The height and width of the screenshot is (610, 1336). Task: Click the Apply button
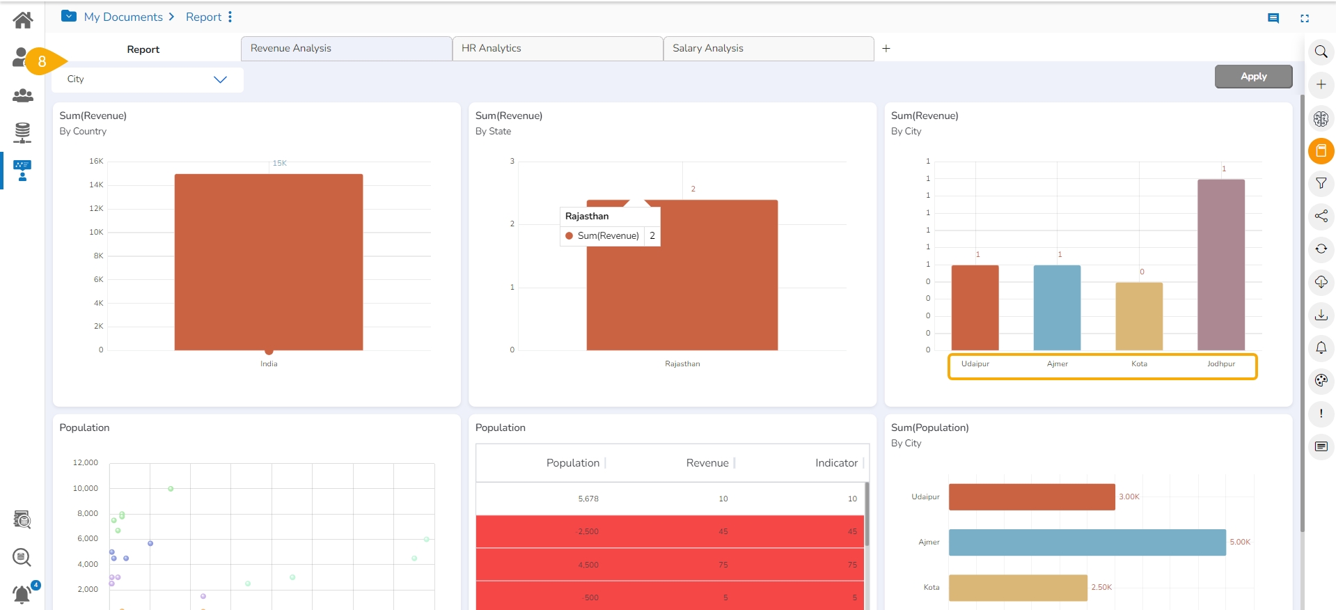1253,77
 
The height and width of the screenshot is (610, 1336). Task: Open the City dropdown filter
147,79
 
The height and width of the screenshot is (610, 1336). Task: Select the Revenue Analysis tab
346,49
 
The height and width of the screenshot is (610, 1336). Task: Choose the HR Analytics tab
557,49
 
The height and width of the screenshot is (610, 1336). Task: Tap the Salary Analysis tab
768,49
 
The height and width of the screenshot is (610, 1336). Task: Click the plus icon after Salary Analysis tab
886,49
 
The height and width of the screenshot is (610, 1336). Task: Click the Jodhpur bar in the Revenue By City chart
1220,265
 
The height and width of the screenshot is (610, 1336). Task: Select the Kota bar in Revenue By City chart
1139,316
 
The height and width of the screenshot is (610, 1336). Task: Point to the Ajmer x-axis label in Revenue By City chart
1057,364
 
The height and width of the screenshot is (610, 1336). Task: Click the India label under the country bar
269,364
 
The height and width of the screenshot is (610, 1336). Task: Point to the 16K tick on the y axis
96,162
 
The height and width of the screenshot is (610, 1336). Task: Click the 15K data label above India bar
279,164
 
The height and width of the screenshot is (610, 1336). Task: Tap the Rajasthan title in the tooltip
587,217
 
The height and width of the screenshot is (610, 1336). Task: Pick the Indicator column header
836,463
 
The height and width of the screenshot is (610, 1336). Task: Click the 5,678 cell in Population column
588,499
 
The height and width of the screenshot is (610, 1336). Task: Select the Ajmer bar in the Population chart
1086,542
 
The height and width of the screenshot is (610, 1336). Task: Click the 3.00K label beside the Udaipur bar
1129,497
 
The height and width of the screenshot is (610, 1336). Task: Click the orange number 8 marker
42,62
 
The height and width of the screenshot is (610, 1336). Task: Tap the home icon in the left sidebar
23,20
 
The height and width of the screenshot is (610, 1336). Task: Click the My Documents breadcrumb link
123,17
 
